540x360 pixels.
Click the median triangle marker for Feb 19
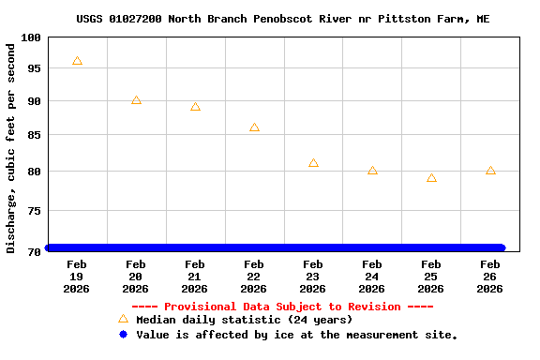click(x=77, y=61)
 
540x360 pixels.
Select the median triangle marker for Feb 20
click(x=136, y=100)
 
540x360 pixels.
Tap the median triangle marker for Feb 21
click(x=195, y=107)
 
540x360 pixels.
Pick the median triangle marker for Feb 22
click(x=254, y=127)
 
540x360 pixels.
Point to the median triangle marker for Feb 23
click(x=313, y=163)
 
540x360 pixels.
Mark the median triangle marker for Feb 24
click(x=372, y=171)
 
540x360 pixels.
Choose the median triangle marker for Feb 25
click(x=431, y=178)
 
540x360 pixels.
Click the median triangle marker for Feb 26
click(x=490, y=171)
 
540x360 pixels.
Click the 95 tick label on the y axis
click(x=34, y=68)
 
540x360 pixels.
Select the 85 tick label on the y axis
click(x=34, y=136)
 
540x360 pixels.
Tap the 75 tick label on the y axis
click(x=34, y=212)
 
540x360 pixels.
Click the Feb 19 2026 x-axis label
click(x=77, y=277)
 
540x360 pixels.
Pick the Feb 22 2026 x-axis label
click(x=254, y=277)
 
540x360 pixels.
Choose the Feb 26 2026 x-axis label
click(x=490, y=277)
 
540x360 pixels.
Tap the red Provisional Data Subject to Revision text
click(x=282, y=307)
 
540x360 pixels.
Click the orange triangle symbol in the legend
click(x=123, y=319)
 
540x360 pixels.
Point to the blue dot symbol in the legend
click(x=123, y=334)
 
